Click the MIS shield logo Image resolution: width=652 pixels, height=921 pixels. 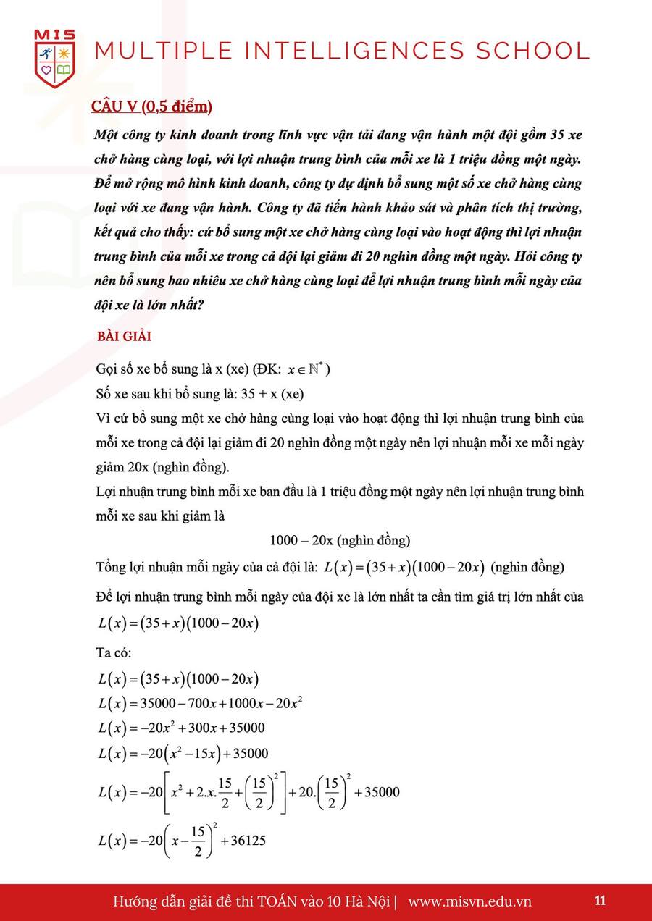[54, 59]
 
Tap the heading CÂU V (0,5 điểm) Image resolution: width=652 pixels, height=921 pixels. [151, 106]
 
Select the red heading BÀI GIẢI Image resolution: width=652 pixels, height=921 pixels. [124, 337]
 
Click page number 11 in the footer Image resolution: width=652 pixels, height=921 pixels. [600, 901]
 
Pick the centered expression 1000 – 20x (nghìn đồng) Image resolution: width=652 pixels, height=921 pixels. [340, 540]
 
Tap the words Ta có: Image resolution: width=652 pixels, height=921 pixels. [114, 652]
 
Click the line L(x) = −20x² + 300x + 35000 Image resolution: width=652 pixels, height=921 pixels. [181, 728]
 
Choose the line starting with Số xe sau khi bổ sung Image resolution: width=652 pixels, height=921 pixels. [200, 394]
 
